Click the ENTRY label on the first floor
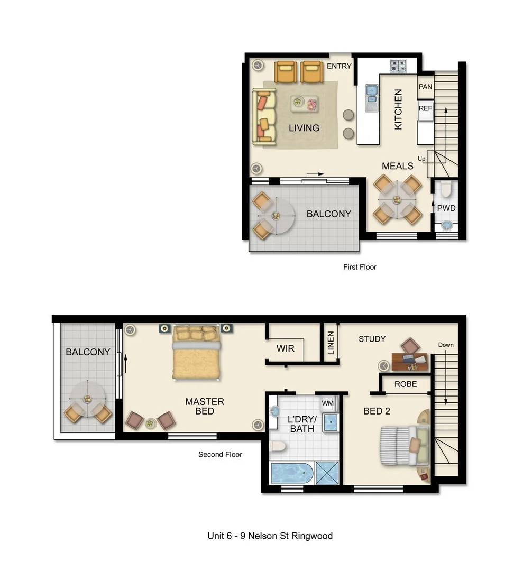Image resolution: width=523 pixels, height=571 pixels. [x=339, y=66]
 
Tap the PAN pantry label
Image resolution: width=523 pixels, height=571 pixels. [x=425, y=87]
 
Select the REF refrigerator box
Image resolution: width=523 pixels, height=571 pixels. [x=425, y=108]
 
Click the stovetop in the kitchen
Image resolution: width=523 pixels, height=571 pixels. [x=398, y=66]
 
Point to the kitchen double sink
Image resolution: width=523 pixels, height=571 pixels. [x=372, y=94]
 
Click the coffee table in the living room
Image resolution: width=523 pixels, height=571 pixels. [x=305, y=104]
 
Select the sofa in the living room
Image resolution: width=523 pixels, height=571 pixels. [x=264, y=117]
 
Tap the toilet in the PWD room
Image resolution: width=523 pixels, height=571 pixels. [x=446, y=188]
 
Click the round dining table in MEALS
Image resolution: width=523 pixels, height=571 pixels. [x=397, y=199]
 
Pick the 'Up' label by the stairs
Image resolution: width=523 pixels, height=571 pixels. [x=421, y=159]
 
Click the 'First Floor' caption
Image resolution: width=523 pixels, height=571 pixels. [x=360, y=267]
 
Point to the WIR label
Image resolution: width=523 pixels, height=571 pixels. [x=285, y=349]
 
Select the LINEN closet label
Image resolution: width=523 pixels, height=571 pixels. [x=331, y=342]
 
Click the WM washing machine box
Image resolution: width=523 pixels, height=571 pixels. [x=328, y=403]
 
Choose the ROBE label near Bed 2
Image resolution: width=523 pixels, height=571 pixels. [x=406, y=384]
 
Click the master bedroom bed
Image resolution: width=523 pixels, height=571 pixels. [x=196, y=352]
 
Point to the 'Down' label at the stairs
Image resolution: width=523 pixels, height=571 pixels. [x=446, y=345]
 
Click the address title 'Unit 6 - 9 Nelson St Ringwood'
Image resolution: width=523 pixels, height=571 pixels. [x=270, y=536]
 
